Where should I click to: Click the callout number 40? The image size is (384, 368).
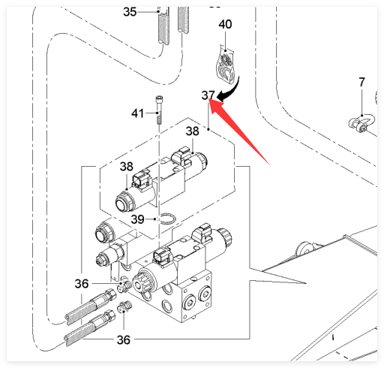coord(225,24)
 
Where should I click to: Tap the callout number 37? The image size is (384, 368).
coord(208,95)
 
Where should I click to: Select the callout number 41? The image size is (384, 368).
coord(138,113)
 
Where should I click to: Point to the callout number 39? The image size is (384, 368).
coord(138,219)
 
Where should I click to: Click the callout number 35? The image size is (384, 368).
coord(130,12)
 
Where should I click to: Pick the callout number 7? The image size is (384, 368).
coord(361,82)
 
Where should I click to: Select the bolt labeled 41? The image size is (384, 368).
coord(159,110)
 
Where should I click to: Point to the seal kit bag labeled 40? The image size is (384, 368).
coord(226,64)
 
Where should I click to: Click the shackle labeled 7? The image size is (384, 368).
coord(361,123)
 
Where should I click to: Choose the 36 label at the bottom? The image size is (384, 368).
coord(124,340)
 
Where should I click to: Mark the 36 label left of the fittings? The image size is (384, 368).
coord(82,284)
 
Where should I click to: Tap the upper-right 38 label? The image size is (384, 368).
coord(193,131)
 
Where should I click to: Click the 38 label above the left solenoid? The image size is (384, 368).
coord(127,167)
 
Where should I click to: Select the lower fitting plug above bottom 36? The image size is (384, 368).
coord(124,306)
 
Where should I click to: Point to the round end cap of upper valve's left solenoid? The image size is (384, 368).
coord(123,201)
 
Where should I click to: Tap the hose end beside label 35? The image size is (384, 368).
coord(163,28)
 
